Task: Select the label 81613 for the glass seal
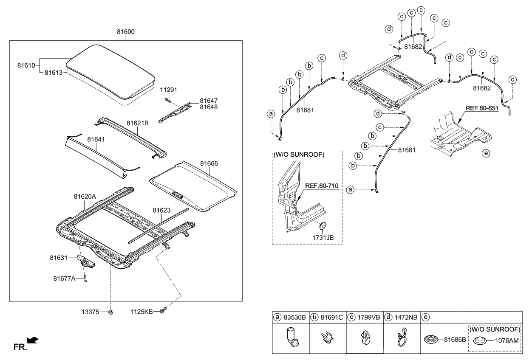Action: (53, 73)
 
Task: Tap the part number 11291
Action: (168, 90)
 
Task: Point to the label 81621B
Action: (137, 123)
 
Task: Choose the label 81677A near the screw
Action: (64, 278)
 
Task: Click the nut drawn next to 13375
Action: (110, 312)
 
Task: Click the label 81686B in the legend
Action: (455, 340)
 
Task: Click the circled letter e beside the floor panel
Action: (485, 152)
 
